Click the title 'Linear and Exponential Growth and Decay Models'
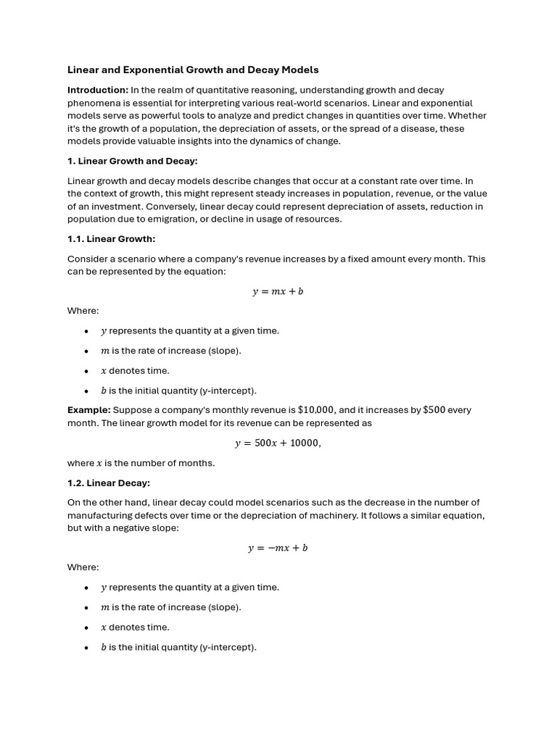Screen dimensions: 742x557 [193, 70]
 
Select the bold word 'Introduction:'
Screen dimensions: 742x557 [98, 90]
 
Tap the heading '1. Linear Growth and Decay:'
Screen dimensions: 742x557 [133, 161]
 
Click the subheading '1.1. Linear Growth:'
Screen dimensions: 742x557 [112, 239]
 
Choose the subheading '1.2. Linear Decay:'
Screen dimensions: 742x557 [109, 483]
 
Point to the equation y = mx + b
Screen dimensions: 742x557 [278, 291]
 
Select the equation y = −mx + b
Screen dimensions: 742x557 [278, 548]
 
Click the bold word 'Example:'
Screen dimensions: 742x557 [89, 410]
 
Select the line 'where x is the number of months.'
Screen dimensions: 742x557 [141, 463]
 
